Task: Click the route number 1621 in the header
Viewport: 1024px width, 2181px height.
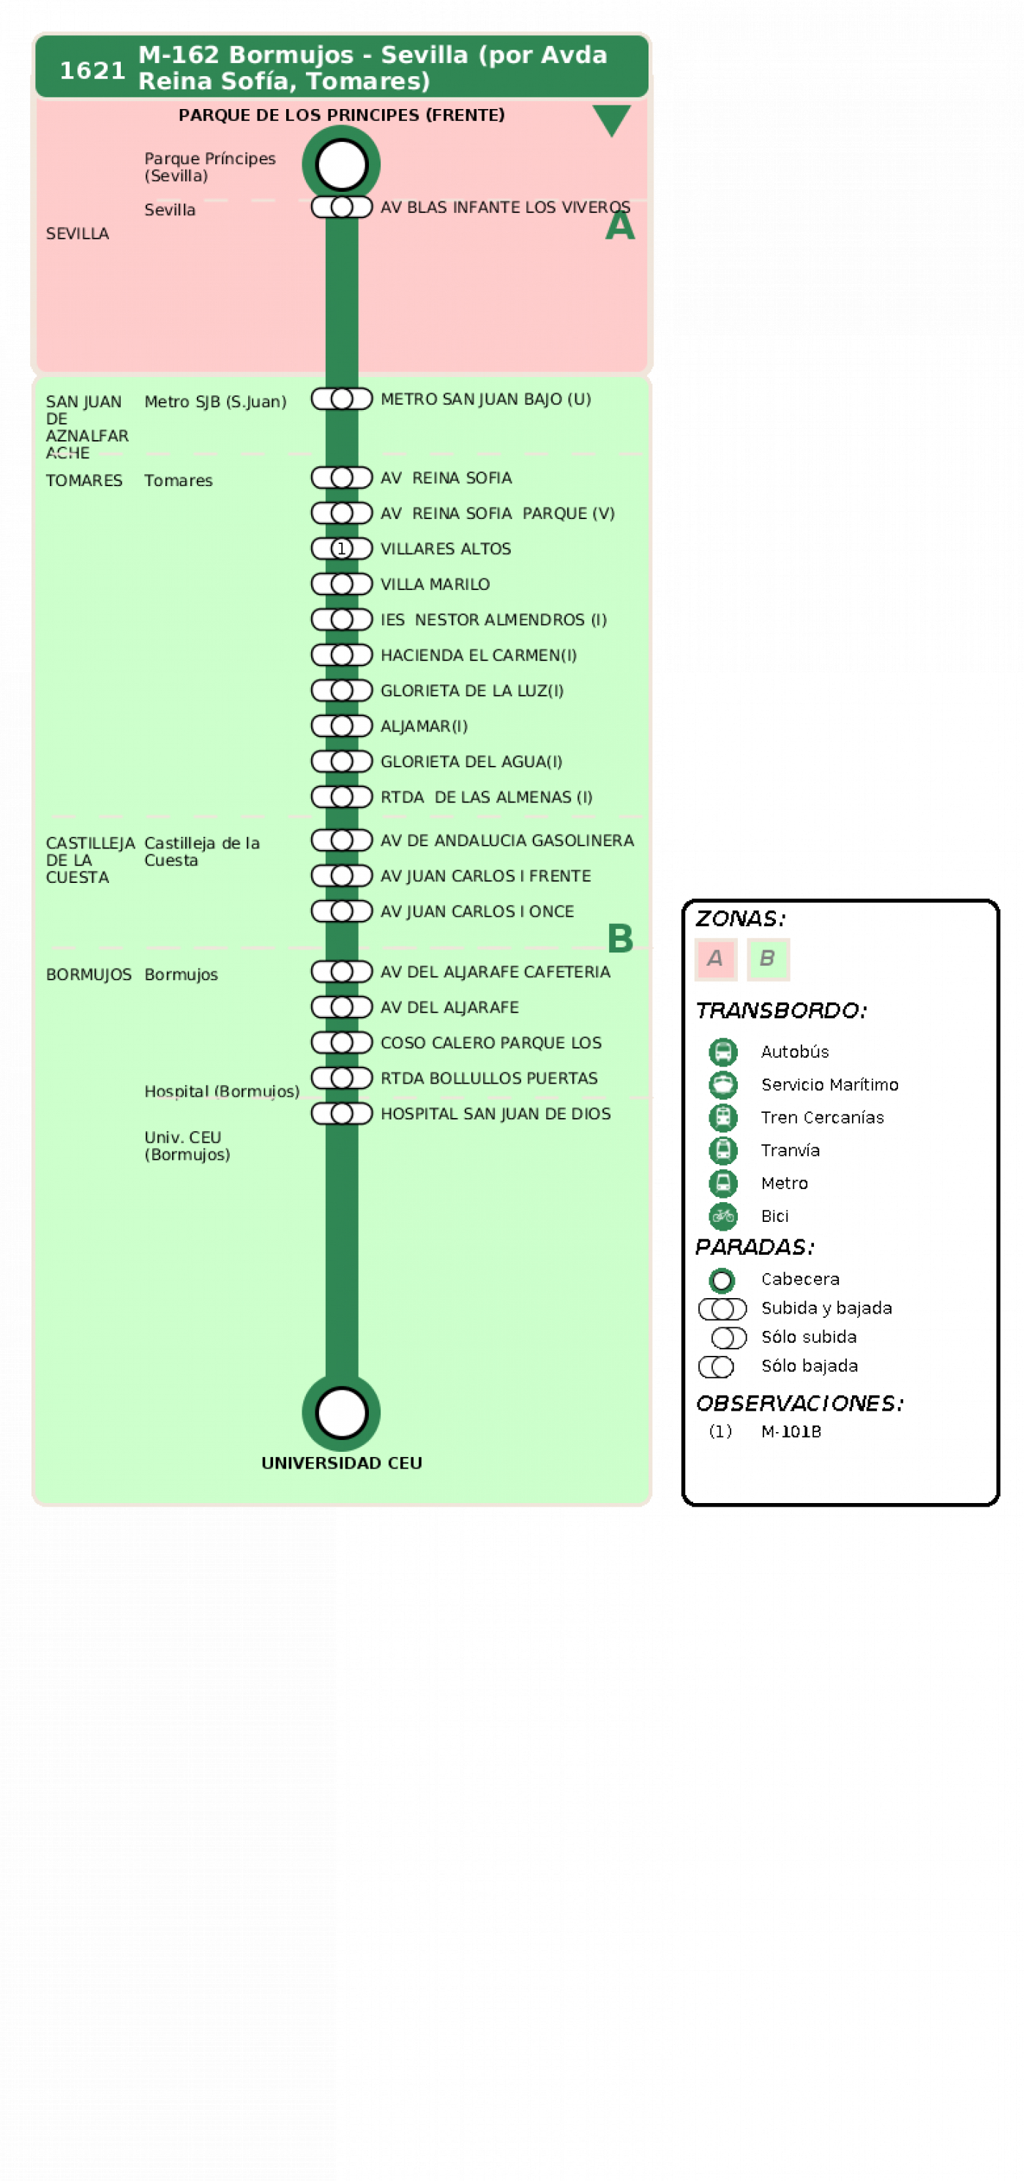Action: pyautogui.click(x=92, y=70)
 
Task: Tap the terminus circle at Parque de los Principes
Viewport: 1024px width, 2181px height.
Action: pyautogui.click(x=341, y=164)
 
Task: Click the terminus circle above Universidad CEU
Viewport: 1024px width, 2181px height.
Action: pyautogui.click(x=341, y=1412)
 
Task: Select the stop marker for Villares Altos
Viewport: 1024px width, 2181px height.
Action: pyautogui.click(x=341, y=548)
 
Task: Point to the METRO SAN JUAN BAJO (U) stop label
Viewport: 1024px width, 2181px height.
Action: pyautogui.click(x=486, y=399)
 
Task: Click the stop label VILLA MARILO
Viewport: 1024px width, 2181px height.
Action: pyautogui.click(x=435, y=584)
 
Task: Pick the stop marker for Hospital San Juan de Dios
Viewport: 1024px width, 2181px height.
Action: pyautogui.click(x=341, y=1114)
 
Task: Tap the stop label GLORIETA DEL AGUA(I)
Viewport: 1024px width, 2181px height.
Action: pyautogui.click(x=471, y=761)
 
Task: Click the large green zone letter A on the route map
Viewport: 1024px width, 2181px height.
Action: pyautogui.click(x=619, y=225)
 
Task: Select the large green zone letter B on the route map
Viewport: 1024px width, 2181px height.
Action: pyautogui.click(x=620, y=938)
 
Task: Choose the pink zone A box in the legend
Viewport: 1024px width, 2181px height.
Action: pyautogui.click(x=715, y=959)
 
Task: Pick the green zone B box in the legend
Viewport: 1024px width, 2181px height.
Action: pyautogui.click(x=768, y=959)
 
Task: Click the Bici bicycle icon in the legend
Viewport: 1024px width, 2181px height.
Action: pyautogui.click(x=722, y=1216)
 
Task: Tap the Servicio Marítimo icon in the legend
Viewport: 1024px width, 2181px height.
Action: pyautogui.click(x=722, y=1084)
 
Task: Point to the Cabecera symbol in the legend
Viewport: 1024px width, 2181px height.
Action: pyautogui.click(x=722, y=1279)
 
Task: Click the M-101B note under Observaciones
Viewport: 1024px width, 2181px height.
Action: pyautogui.click(x=791, y=1431)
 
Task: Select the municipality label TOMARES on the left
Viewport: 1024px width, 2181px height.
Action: pyautogui.click(x=83, y=480)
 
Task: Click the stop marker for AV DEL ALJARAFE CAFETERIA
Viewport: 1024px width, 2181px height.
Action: pyautogui.click(x=341, y=971)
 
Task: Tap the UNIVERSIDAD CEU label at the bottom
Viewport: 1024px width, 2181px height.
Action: pyautogui.click(x=341, y=1462)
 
